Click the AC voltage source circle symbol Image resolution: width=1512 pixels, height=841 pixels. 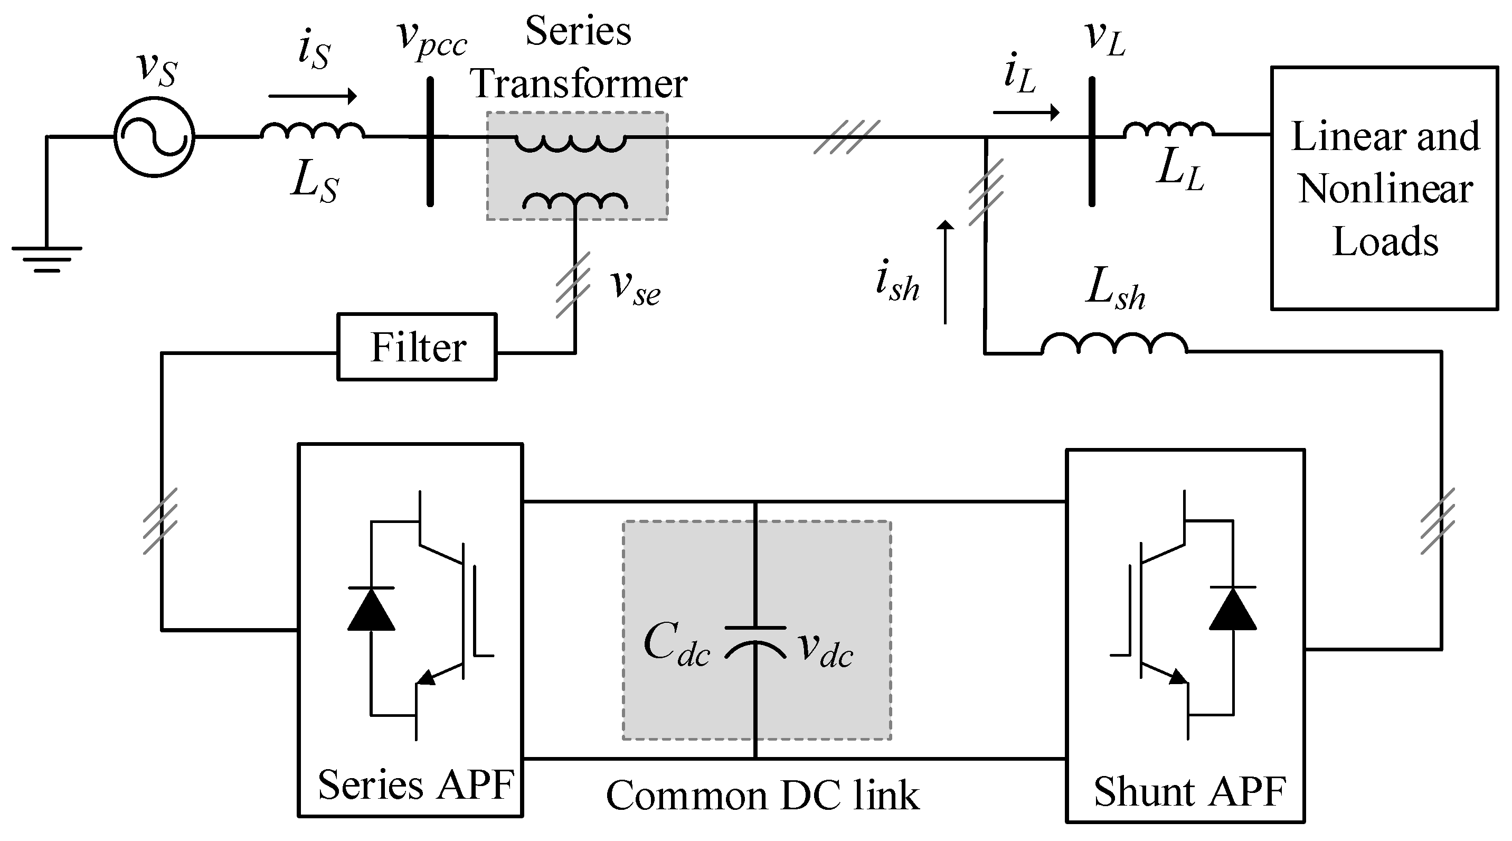pyautogui.click(x=154, y=136)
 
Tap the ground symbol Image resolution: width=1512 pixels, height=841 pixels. pyautogui.click(x=47, y=258)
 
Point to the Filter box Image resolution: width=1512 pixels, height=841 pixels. pyautogui.click(x=417, y=347)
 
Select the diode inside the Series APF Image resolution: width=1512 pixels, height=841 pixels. pyautogui.click(x=371, y=609)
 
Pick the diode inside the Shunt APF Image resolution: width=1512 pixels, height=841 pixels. pyautogui.click(x=1233, y=609)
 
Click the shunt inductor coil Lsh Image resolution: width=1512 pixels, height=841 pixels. pyautogui.click(x=1114, y=343)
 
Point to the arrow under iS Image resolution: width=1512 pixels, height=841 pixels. pyautogui.click(x=312, y=96)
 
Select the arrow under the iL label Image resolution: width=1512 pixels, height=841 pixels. pyautogui.click(x=1026, y=111)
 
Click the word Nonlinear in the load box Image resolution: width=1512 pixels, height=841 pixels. pyautogui.click(x=1385, y=189)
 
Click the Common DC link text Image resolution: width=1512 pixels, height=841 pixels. pyautogui.click(x=762, y=796)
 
